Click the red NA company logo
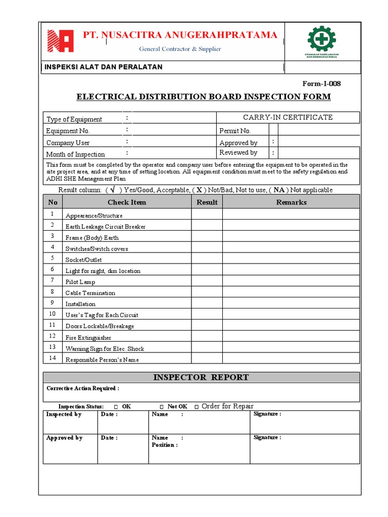[61, 41]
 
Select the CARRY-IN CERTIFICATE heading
[288, 117]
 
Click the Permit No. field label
[235, 131]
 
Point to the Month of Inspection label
[75, 154]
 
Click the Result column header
[207, 202]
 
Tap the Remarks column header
[291, 202]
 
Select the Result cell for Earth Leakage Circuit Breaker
[207, 225]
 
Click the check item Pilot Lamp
[80, 282]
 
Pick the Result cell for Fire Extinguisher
[207, 336]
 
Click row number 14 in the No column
[52, 358]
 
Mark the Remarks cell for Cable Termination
[291, 292]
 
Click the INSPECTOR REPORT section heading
[201, 377]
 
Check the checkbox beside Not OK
[161, 406]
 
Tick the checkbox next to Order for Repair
[196, 406]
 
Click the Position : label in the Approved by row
[164, 445]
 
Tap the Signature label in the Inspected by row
[267, 414]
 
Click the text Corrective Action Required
[83, 388]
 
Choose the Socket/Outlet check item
[83, 260]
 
